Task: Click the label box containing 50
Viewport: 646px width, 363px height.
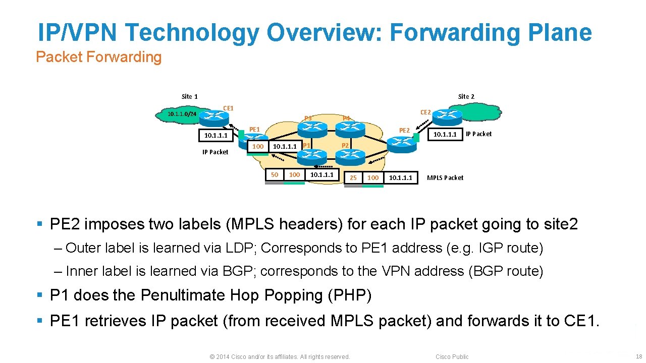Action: pyautogui.click(x=275, y=174)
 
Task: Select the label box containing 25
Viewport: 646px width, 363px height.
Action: pyautogui.click(x=353, y=177)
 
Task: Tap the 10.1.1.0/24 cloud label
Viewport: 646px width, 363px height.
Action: pyautogui.click(x=182, y=114)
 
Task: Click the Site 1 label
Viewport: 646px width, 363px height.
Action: pyautogui.click(x=190, y=96)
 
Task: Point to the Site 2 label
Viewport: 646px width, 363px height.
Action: pyautogui.click(x=466, y=96)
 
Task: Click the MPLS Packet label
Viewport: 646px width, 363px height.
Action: pyautogui.click(x=445, y=177)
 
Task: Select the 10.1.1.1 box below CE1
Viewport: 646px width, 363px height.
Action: pyautogui.click(x=216, y=136)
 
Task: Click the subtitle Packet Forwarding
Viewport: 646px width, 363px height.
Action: pyautogui.click(x=99, y=57)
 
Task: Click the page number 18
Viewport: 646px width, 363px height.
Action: pyautogui.click(x=638, y=356)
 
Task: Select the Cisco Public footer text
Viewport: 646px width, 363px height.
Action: pyautogui.click(x=452, y=356)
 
